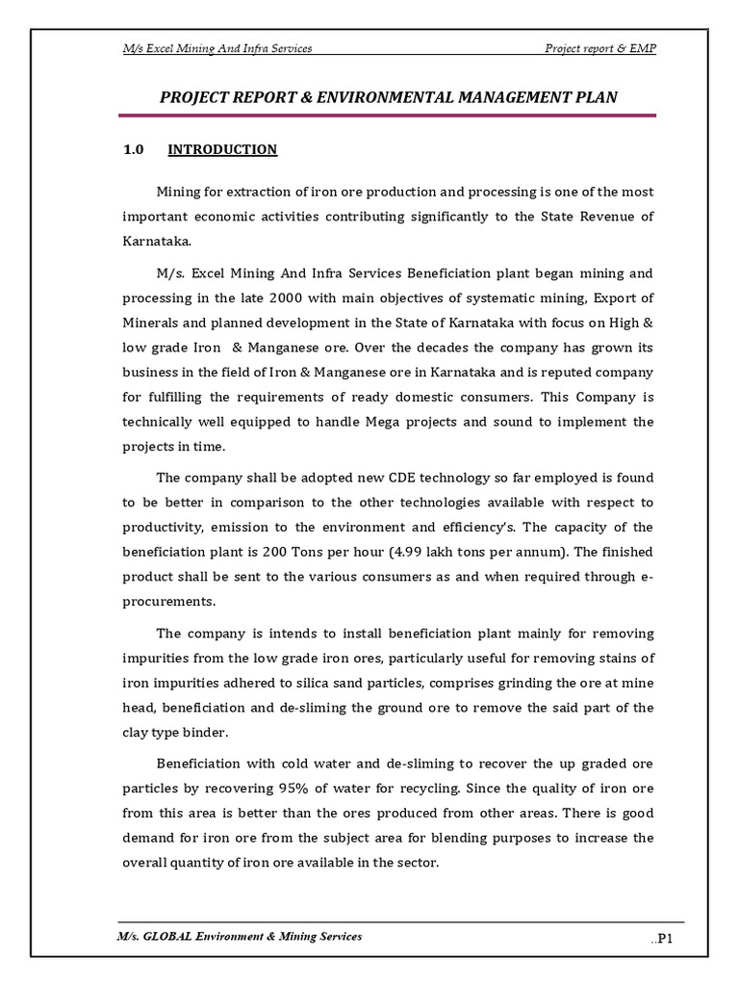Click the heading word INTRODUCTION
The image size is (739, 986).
click(222, 149)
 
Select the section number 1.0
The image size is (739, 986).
click(133, 149)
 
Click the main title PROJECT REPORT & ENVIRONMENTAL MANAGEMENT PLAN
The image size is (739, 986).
click(388, 96)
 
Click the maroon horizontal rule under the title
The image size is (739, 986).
click(388, 116)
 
